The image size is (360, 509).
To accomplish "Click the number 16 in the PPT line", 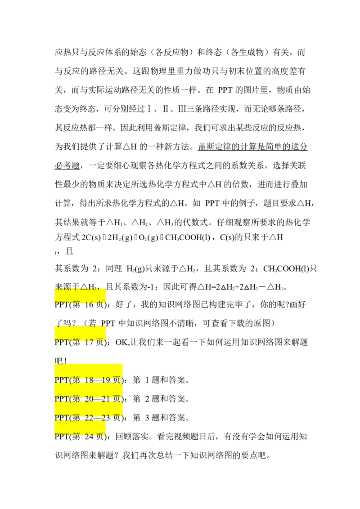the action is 89,304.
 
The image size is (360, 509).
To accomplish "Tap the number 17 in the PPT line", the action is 89,341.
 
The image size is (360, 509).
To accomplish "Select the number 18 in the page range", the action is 89,380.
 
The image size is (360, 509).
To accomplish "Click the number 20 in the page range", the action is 89,399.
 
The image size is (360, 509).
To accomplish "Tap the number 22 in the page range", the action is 89,418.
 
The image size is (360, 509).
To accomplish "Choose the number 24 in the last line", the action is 89,436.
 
